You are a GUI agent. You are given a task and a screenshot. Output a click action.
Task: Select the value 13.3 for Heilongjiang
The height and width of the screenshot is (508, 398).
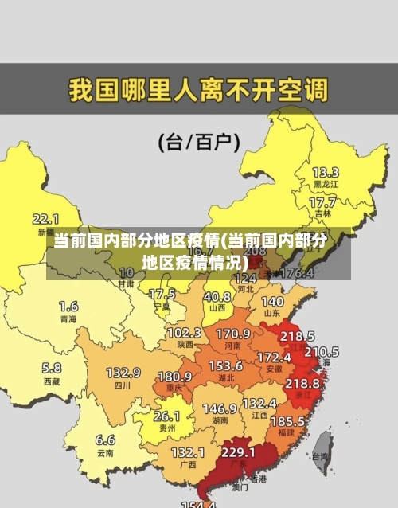tap(325, 172)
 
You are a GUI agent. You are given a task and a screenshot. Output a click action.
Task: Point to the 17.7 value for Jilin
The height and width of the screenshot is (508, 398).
tap(322, 203)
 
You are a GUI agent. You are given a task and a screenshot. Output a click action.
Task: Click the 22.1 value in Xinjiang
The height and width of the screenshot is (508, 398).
tap(45, 218)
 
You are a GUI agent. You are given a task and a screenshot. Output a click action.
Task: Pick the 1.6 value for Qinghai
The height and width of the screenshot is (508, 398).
tap(68, 306)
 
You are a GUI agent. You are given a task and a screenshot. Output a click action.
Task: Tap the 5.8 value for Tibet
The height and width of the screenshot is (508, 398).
tap(51, 368)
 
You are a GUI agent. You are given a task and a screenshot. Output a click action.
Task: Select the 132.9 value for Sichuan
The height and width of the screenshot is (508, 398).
tap(123, 373)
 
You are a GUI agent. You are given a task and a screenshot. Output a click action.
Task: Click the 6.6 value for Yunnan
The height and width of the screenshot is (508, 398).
tap(105, 440)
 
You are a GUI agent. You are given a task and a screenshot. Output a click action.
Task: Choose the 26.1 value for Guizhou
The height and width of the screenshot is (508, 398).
tap(166, 416)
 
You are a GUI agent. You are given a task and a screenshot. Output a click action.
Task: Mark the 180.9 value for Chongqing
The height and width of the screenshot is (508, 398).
tap(174, 376)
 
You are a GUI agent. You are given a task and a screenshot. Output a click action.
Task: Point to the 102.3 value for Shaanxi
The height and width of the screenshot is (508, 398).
tap(184, 333)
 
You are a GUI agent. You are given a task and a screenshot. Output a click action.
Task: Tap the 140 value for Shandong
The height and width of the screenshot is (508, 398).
tap(272, 302)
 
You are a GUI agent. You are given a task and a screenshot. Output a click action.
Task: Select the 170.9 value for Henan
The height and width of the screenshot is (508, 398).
tap(233, 333)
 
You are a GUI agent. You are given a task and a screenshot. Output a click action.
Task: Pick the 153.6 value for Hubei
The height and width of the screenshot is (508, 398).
tap(226, 365)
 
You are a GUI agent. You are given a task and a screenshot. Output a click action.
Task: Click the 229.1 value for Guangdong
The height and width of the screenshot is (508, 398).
tap(238, 452)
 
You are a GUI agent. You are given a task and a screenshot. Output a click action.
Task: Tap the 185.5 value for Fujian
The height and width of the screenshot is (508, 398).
tap(287, 420)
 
